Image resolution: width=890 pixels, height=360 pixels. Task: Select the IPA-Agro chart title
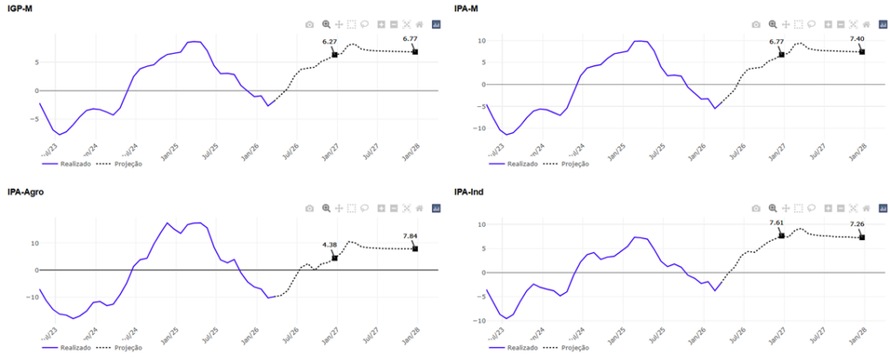[26, 190]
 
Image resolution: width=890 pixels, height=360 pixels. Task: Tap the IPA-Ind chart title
[469, 190]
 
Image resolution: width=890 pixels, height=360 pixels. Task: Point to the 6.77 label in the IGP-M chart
[410, 39]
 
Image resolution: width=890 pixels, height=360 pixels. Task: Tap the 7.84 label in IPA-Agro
[410, 236]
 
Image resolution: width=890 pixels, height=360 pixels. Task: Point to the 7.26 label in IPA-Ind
[857, 224]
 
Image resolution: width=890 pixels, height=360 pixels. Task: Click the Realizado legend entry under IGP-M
[69, 163]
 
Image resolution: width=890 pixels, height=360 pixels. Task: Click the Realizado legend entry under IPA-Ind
[516, 347]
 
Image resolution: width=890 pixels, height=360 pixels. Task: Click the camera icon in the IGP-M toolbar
[309, 24]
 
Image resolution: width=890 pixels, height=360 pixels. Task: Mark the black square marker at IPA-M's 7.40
[862, 52]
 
